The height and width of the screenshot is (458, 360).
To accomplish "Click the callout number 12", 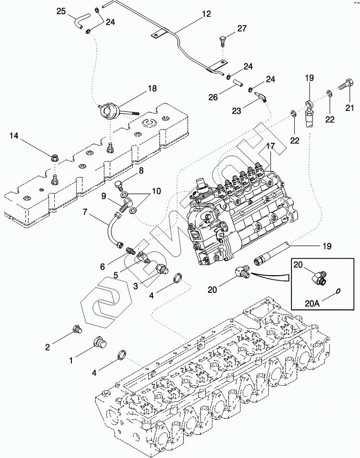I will point(205,15).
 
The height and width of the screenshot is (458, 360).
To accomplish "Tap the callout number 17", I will point(270,147).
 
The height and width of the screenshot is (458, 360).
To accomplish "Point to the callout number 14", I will point(14,136).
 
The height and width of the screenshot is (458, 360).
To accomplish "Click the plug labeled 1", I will point(99,343).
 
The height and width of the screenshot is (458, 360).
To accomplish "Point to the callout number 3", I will point(135,286).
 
